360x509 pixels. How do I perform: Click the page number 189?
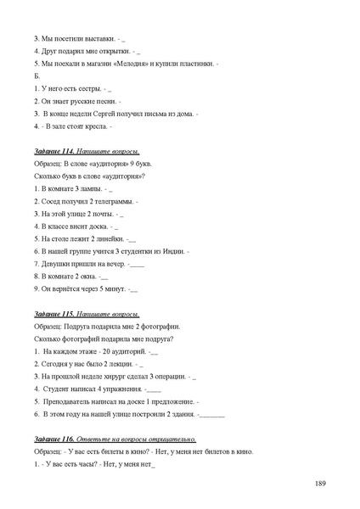tap(320, 484)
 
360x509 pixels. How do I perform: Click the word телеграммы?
tap(115, 201)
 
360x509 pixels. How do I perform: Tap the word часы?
tap(81, 464)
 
